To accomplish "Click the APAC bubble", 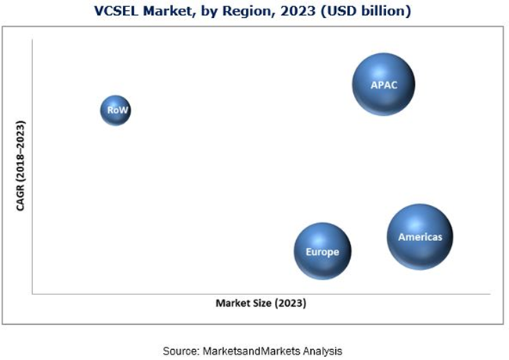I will [383, 85].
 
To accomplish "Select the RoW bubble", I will [115, 110].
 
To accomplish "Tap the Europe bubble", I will [322, 251].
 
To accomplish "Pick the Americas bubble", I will [420, 236].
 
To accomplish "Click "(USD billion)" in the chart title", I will [357, 11].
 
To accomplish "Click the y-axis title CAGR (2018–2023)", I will [20, 166].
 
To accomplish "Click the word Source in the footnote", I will [180, 351].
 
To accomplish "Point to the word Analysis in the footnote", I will [323, 351].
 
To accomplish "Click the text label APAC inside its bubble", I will [384, 85].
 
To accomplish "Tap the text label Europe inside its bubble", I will [322, 252].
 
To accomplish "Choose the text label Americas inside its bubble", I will [420, 236].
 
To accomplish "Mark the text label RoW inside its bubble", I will [115, 111].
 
